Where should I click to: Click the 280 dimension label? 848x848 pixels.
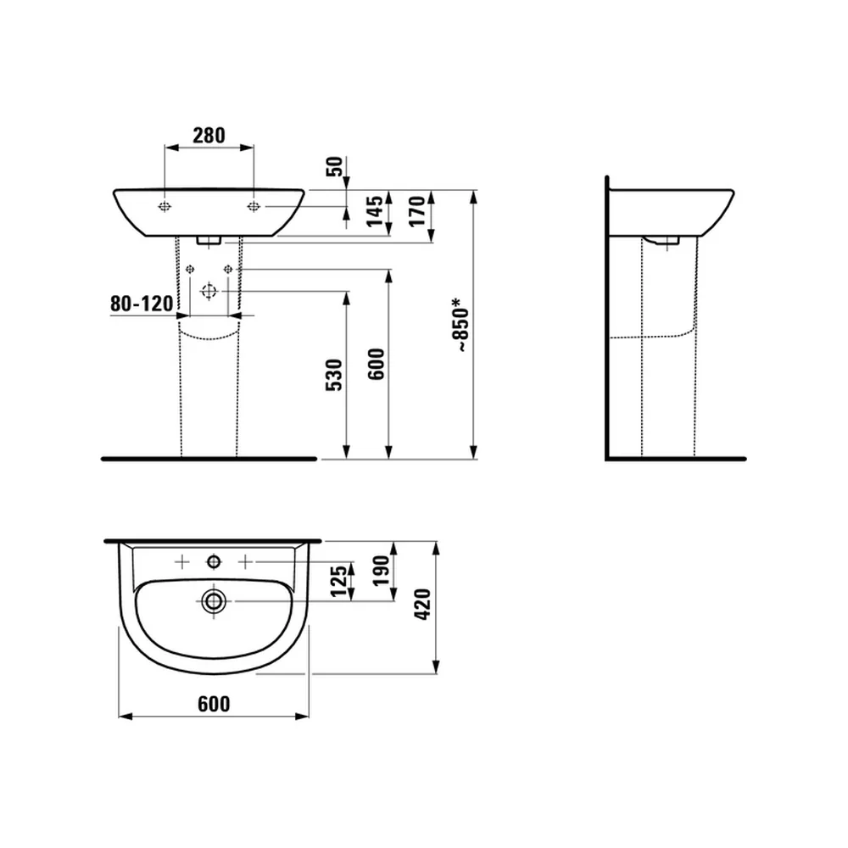pos(209,135)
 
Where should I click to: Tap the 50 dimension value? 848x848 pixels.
pos(335,166)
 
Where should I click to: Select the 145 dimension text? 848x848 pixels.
pos(375,210)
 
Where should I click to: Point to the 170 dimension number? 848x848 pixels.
pos(417,211)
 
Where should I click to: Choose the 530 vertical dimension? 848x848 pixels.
pos(334,374)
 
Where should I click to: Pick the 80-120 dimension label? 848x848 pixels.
pos(142,304)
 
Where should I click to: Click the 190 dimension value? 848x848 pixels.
pos(382,571)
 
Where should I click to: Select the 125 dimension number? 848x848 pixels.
pos(339,582)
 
